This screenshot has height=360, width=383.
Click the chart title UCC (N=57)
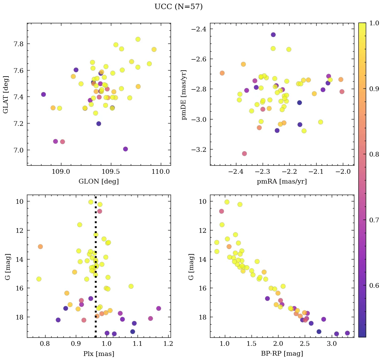[178, 7]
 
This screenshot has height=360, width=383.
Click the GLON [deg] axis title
[98, 182]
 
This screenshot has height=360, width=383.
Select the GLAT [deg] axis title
[6, 94]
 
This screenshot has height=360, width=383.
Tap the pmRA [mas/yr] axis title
[282, 182]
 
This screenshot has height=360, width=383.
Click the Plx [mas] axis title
[98, 354]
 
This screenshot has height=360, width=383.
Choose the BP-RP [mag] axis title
[282, 354]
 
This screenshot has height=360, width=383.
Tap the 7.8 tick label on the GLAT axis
[16, 44]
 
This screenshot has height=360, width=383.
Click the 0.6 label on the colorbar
[375, 285]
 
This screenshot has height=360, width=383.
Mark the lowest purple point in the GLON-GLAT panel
[125, 149]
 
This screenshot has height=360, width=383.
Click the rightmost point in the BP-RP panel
[347, 333]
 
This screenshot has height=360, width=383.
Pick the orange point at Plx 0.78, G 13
[40, 247]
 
